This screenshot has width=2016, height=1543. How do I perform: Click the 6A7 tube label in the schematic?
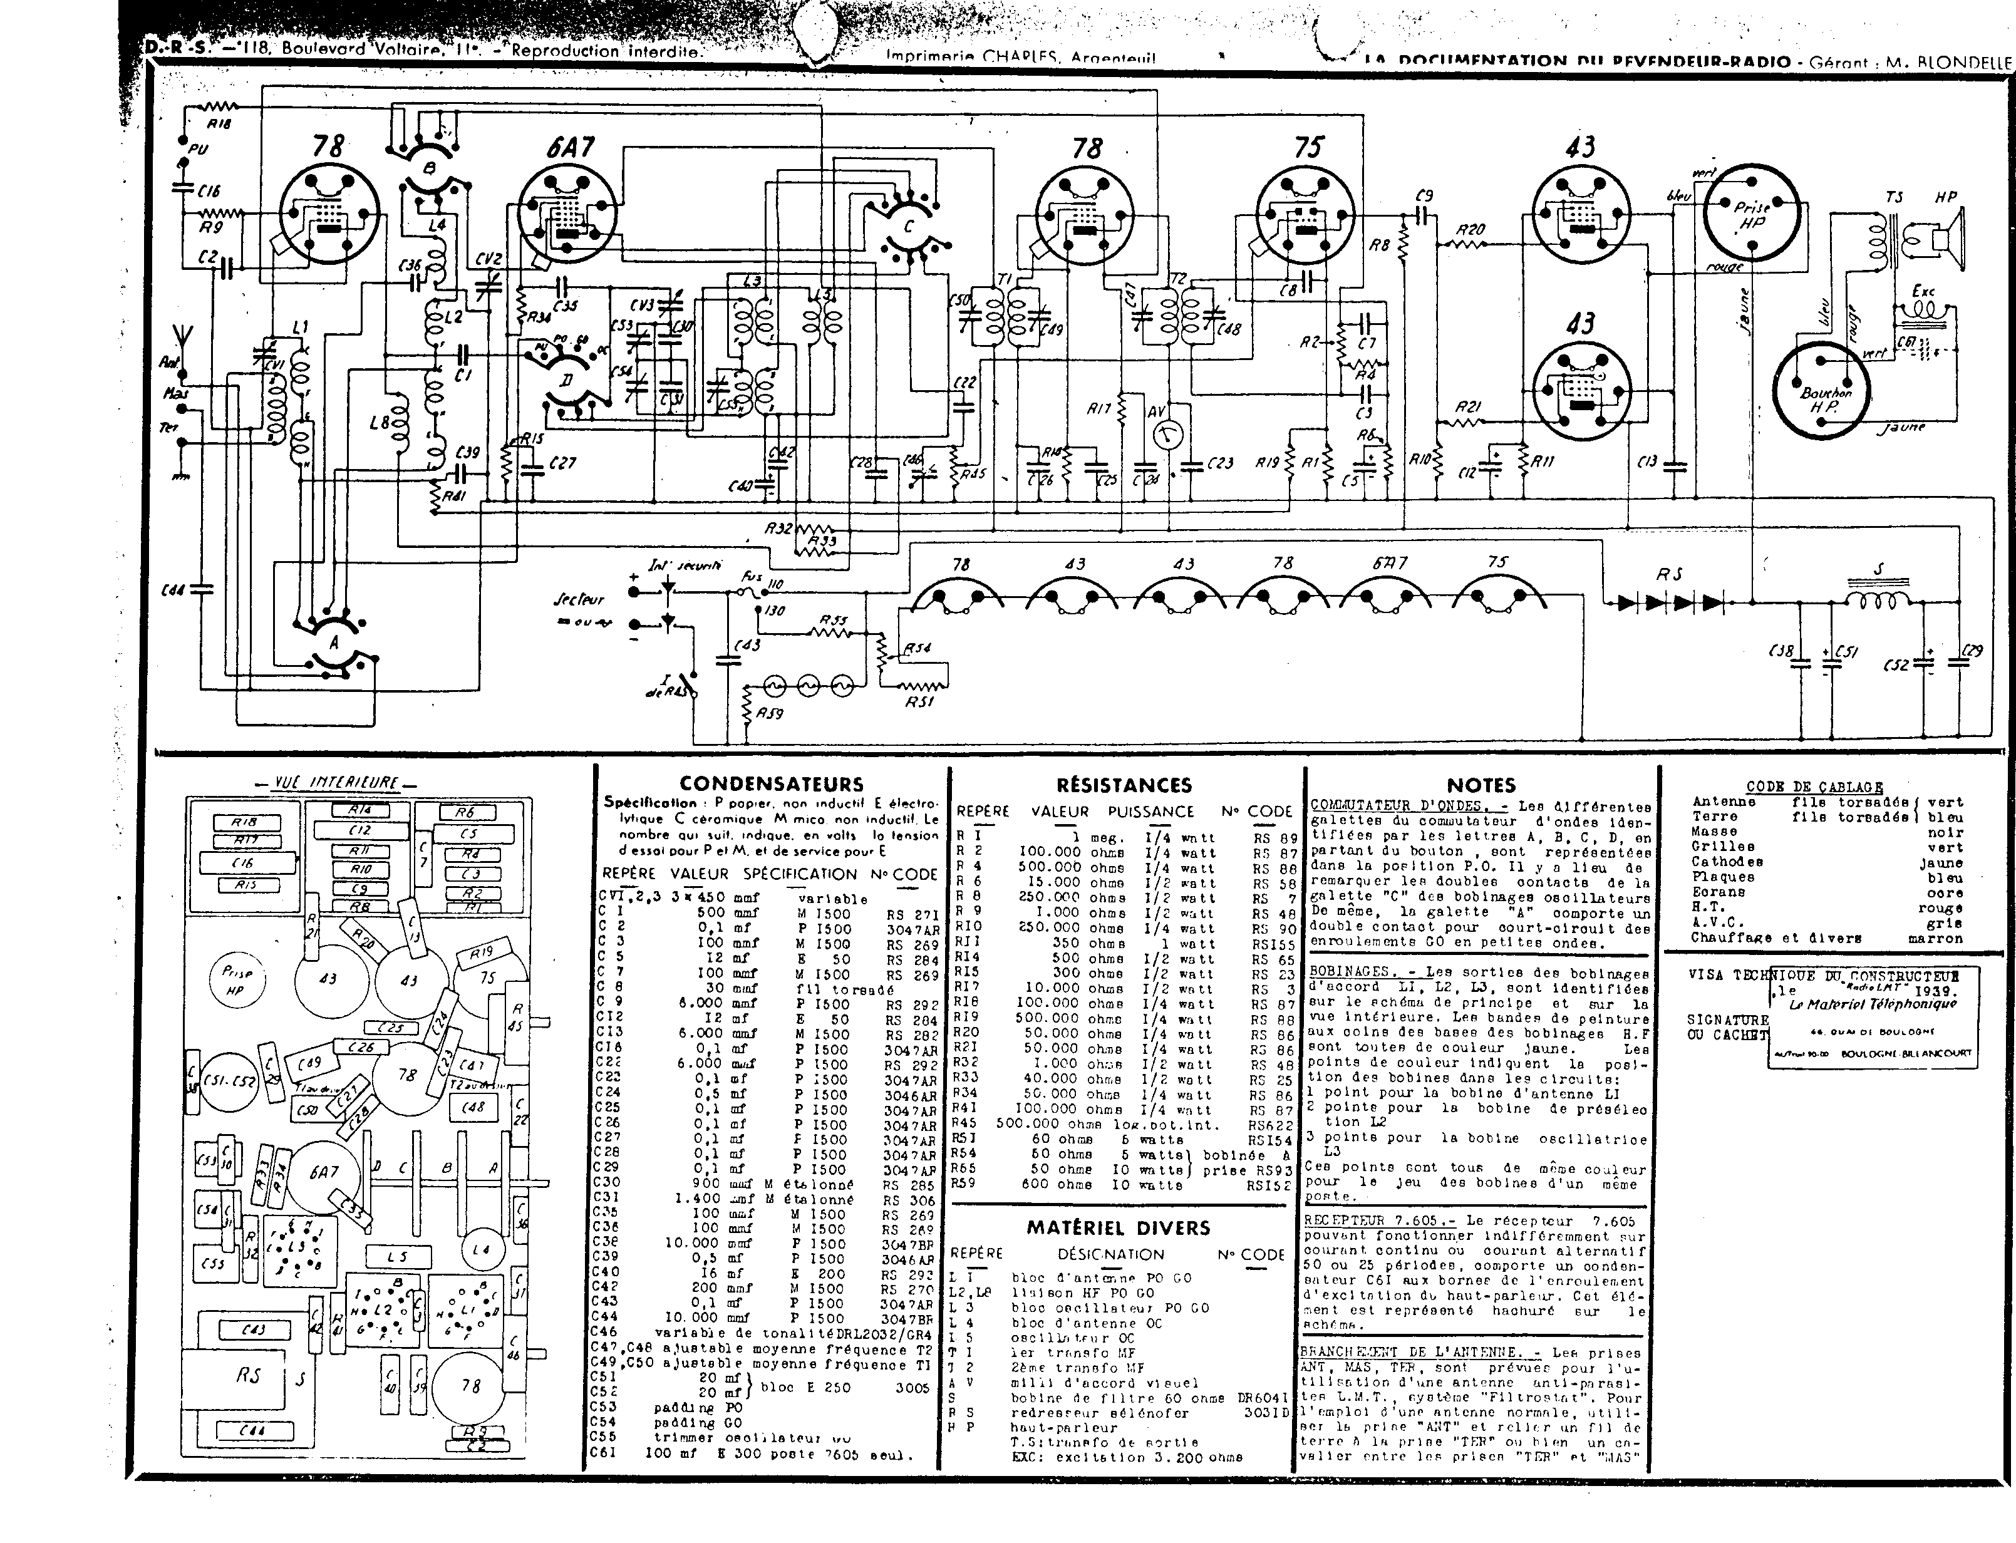[569, 147]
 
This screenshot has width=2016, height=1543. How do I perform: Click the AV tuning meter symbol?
[1167, 435]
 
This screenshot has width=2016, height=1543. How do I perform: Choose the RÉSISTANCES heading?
[1124, 785]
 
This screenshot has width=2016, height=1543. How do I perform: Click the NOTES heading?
[1481, 785]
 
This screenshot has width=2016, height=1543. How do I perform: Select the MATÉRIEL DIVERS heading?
[1118, 1228]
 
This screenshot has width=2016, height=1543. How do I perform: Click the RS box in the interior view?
[249, 1376]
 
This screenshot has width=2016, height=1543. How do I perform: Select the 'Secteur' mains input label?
[579, 599]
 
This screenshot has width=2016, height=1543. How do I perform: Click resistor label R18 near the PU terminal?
[219, 123]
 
